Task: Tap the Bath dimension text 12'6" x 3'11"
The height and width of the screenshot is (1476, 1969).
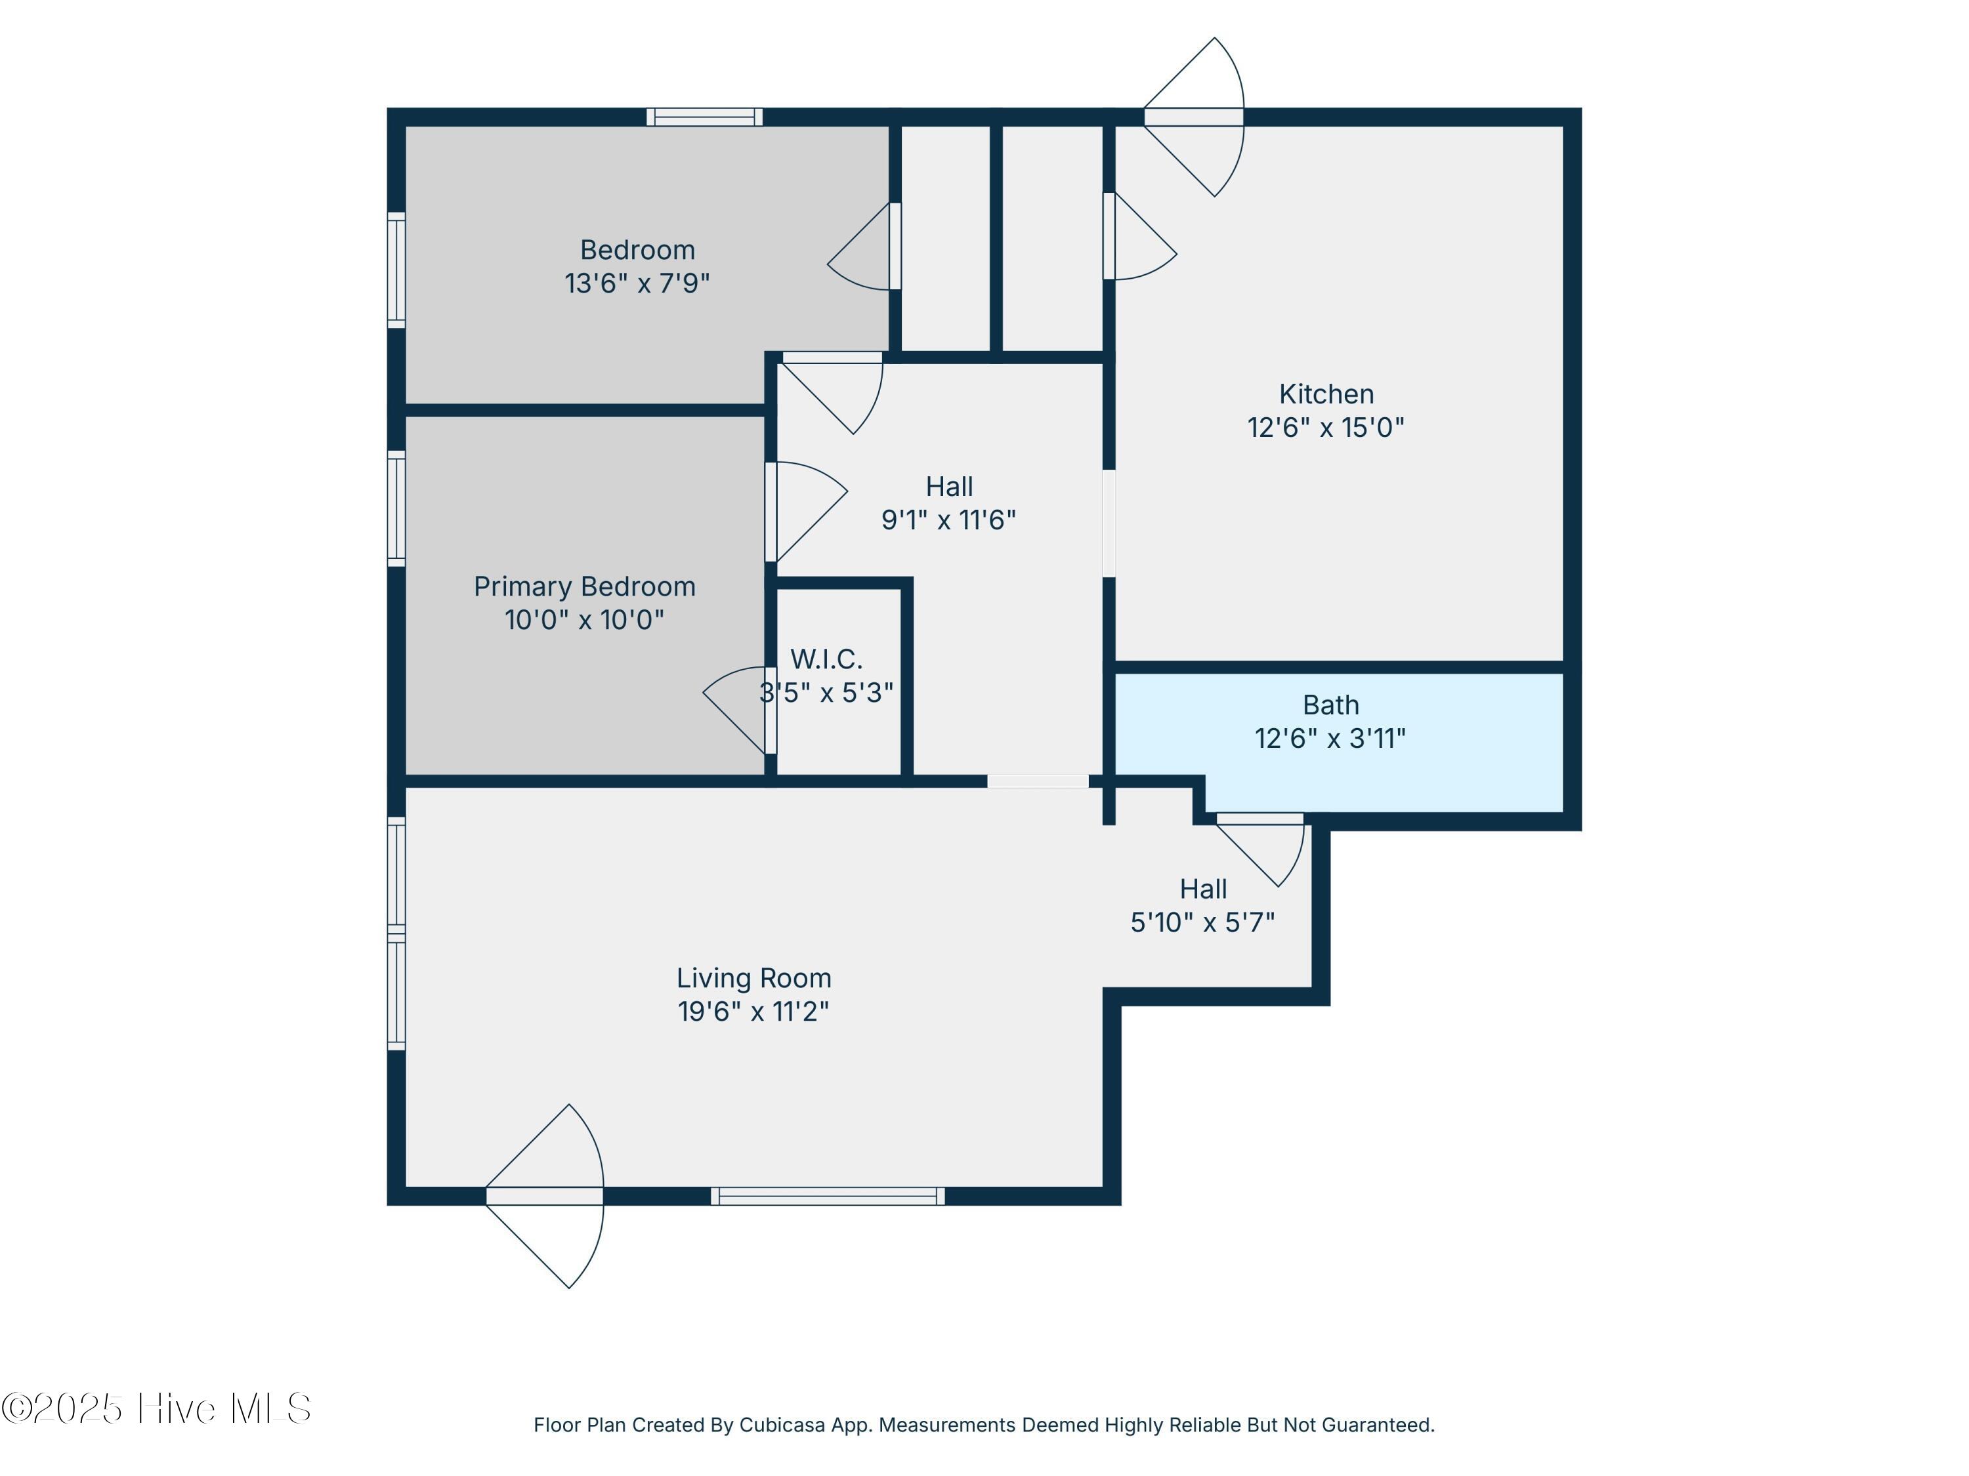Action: pyautogui.click(x=1330, y=739)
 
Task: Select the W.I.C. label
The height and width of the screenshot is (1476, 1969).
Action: pyautogui.click(x=826, y=659)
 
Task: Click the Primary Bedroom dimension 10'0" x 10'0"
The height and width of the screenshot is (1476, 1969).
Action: pyautogui.click(x=584, y=619)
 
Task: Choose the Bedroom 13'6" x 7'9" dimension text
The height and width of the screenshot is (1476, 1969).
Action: pyautogui.click(x=637, y=283)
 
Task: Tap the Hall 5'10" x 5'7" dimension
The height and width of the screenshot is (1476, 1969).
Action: pyautogui.click(x=1202, y=922)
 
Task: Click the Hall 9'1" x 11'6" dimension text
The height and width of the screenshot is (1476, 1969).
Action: pyautogui.click(x=949, y=520)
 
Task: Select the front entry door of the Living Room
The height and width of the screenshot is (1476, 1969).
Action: pyautogui.click(x=545, y=1196)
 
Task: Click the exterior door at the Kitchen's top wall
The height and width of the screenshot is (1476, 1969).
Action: pyautogui.click(x=1194, y=117)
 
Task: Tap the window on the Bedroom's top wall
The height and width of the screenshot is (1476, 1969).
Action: pyautogui.click(x=704, y=117)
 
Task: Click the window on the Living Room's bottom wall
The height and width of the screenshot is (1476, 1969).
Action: pyautogui.click(x=828, y=1196)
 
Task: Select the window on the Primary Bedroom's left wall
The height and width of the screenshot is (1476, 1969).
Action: pyautogui.click(x=396, y=507)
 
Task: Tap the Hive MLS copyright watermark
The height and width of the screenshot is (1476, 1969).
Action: pyautogui.click(x=156, y=1408)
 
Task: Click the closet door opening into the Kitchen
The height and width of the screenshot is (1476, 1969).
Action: pyautogui.click(x=1140, y=236)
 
